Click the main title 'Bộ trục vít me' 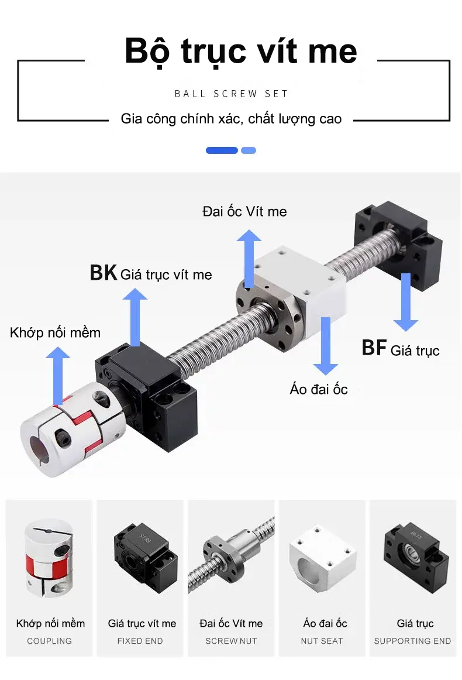240,51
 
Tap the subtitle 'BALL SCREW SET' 231,94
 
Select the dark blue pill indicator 222,150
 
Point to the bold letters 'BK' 103,273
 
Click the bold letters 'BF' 374,348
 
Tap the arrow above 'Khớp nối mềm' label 58,376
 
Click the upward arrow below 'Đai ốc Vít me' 249,259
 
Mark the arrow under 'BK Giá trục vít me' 135,318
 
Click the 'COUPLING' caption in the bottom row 49,641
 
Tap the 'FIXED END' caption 140,641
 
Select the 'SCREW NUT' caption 231,641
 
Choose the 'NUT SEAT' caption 322,641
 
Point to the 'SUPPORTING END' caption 413,641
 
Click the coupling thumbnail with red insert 49,558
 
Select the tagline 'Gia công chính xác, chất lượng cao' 231,119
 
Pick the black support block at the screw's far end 398,243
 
